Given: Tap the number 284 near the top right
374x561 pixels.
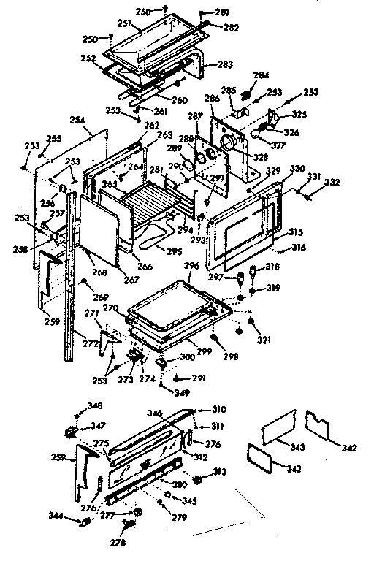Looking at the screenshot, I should [262, 75].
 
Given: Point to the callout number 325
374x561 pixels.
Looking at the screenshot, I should [300, 114].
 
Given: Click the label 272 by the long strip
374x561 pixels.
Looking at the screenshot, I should [91, 342].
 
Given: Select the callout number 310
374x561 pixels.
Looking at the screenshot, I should [219, 408].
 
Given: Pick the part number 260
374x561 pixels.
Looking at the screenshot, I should [180, 100].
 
